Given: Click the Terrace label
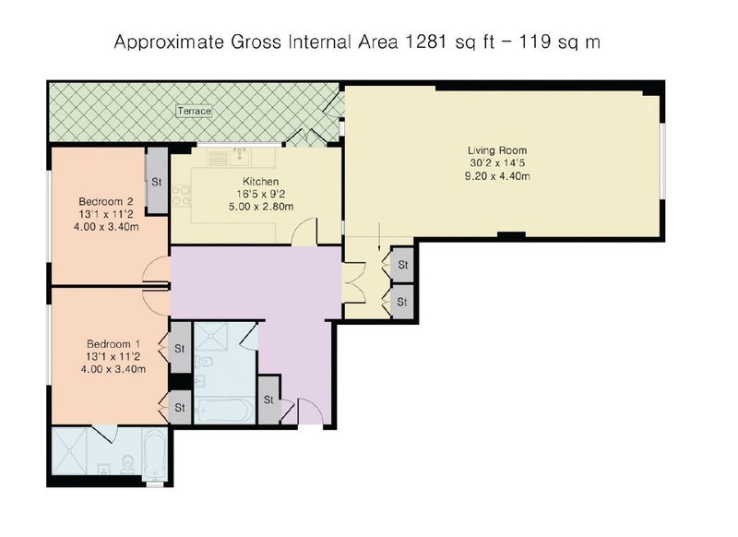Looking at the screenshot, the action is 194,111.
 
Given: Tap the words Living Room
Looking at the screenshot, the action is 497,150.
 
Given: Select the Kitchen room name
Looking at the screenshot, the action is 261,181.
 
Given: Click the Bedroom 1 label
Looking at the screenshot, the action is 113,344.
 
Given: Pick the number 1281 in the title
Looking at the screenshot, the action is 425,42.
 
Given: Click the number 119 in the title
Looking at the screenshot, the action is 535,42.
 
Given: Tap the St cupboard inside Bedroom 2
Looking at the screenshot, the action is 157,182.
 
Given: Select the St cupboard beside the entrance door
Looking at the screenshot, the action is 268,400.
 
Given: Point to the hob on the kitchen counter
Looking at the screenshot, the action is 182,196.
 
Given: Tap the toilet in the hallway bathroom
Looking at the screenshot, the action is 204,363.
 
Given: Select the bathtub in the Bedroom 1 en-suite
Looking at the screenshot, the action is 155,454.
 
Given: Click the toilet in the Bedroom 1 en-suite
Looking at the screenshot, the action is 127,464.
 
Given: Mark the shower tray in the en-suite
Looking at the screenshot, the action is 70,451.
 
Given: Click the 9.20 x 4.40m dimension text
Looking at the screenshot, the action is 497,176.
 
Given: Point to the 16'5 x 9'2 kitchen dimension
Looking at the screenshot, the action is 261,194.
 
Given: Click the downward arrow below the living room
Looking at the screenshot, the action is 379,237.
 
